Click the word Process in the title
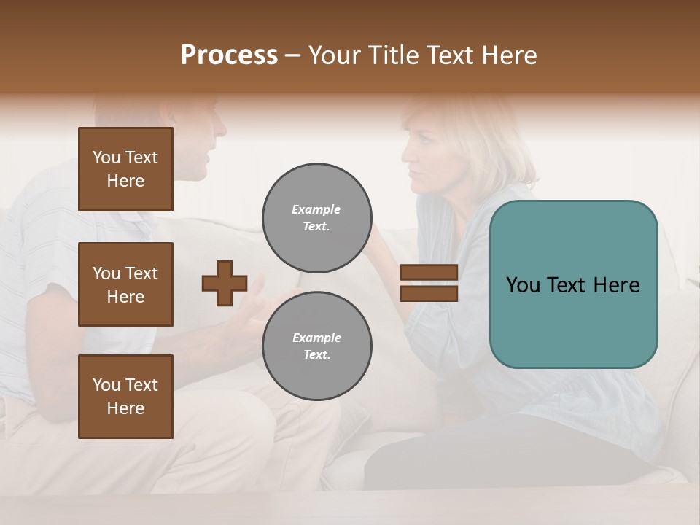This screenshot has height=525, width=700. click(229, 55)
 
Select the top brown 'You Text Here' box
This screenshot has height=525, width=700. click(125, 169)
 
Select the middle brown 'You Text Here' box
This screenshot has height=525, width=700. click(125, 284)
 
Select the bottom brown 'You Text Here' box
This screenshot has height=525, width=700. click(125, 397)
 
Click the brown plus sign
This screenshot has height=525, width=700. click(225, 283)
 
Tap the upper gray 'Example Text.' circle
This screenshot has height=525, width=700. click(316, 218)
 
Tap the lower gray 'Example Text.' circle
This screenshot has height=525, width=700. click(316, 346)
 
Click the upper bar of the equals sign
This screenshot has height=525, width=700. click(429, 272)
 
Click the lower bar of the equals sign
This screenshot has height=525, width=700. click(429, 293)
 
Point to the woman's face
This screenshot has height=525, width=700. click(422, 160)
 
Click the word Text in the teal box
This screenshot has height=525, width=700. click(573, 285)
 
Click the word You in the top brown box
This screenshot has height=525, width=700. click(106, 157)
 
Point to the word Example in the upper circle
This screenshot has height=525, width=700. click(316, 209)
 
